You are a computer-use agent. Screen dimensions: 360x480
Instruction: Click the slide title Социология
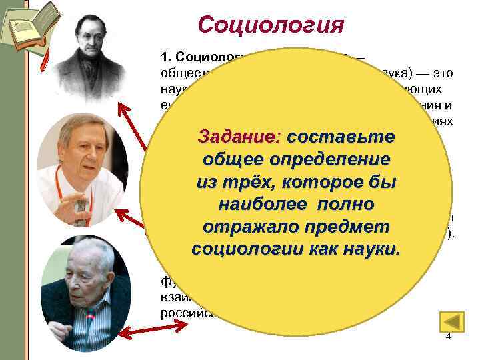pos(271,25)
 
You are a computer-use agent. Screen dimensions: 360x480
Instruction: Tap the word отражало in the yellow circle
pos(254,227)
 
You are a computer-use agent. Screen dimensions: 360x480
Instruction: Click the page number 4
pos(448,337)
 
